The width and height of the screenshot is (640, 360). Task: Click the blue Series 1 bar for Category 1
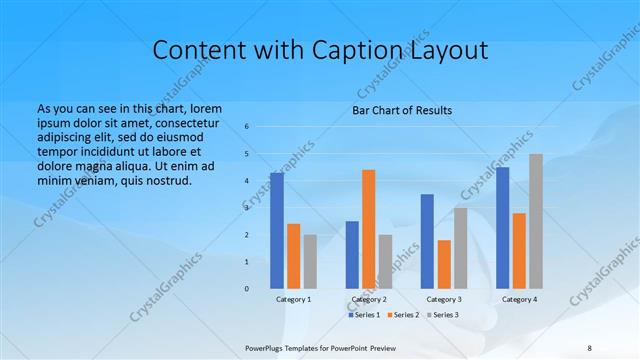click(276, 231)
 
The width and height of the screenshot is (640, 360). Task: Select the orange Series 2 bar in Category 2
click(368, 229)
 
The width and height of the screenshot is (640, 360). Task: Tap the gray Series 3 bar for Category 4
click(536, 221)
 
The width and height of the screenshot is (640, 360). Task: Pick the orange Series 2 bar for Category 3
click(444, 264)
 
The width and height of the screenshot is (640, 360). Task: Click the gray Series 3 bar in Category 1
click(310, 262)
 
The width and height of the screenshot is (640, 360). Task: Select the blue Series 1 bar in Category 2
click(352, 255)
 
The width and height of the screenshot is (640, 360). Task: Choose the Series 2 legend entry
click(402, 315)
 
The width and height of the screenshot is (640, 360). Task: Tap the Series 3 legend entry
click(441, 315)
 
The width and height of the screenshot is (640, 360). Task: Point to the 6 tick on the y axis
click(247, 127)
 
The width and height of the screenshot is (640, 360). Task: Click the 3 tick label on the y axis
click(247, 208)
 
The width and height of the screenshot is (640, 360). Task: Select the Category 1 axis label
click(293, 299)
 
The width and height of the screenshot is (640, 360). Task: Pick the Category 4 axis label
click(519, 299)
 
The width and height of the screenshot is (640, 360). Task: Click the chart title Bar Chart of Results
click(402, 110)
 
